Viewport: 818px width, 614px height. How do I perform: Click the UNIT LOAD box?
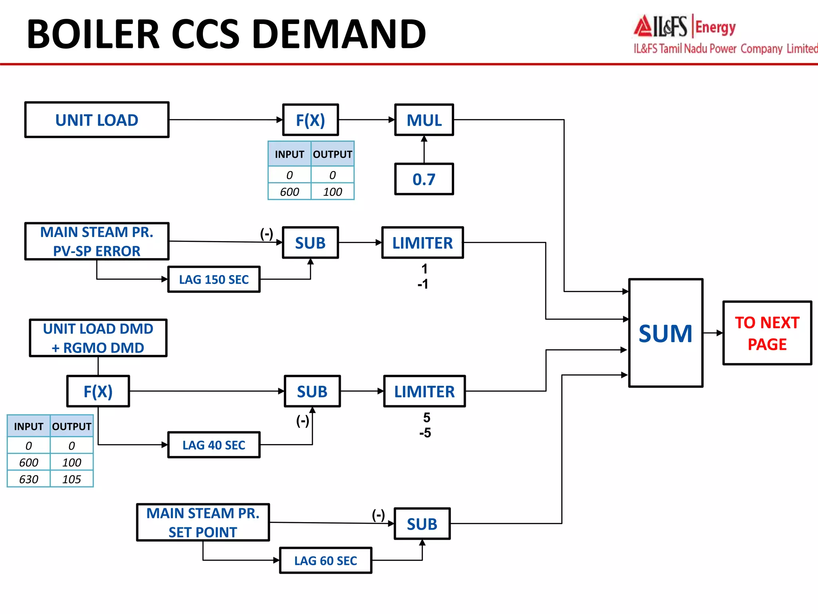[97, 120]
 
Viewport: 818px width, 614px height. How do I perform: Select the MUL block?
[424, 120]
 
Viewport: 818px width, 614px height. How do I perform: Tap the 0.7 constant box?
[424, 179]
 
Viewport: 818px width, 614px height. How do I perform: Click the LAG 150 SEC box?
[214, 279]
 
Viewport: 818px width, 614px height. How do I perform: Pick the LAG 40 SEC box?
[214, 445]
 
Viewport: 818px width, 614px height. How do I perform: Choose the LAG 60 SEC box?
[326, 560]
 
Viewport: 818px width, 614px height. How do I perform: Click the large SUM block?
[665, 333]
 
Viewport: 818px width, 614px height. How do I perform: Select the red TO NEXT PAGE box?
[767, 333]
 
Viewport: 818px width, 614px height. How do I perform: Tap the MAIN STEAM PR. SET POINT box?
[203, 522]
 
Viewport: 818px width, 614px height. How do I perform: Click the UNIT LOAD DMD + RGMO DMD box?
[98, 338]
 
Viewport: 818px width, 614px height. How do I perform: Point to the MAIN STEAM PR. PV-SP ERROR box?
[97, 241]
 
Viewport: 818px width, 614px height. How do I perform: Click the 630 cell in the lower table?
[29, 479]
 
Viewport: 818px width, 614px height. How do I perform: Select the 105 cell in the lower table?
[71, 479]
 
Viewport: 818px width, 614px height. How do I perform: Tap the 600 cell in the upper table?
[290, 192]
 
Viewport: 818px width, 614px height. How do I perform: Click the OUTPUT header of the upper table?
[332, 154]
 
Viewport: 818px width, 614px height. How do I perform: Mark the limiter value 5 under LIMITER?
[427, 418]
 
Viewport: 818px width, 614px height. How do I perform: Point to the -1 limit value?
[423, 284]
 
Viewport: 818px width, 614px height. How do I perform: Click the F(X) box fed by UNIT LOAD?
[310, 120]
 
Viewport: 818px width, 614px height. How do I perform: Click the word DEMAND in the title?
[340, 34]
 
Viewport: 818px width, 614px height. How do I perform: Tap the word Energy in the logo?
[715, 28]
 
